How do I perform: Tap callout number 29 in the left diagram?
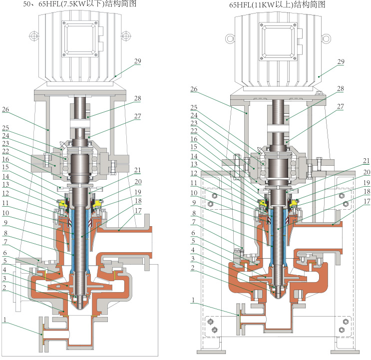point(137,61)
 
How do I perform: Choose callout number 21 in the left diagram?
point(137,171)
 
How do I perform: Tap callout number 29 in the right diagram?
point(341,61)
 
